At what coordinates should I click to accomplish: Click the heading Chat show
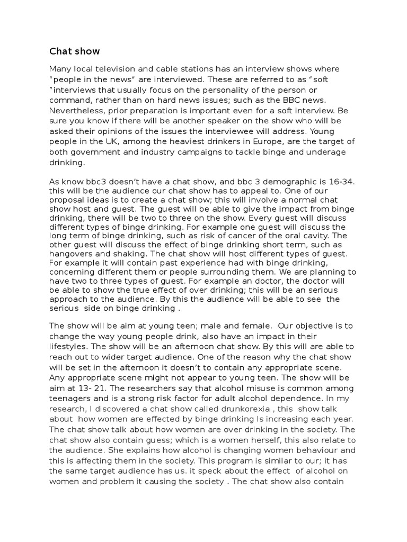point(74,51)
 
